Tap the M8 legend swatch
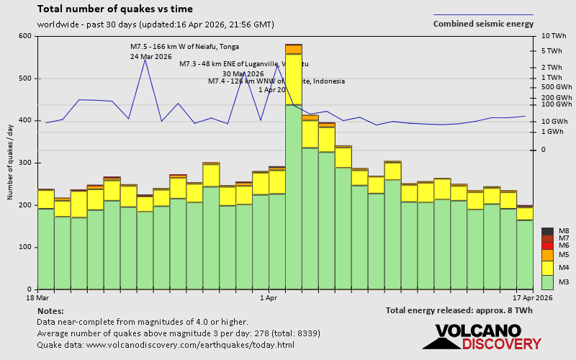(547, 231)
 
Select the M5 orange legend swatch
(547, 255)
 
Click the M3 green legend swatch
(547, 282)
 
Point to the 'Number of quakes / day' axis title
(11, 162)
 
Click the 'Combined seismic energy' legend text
(483, 24)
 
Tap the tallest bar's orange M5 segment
(294, 49)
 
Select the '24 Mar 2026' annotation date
(150, 56)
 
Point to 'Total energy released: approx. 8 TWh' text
(459, 310)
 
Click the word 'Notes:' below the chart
(50, 310)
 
